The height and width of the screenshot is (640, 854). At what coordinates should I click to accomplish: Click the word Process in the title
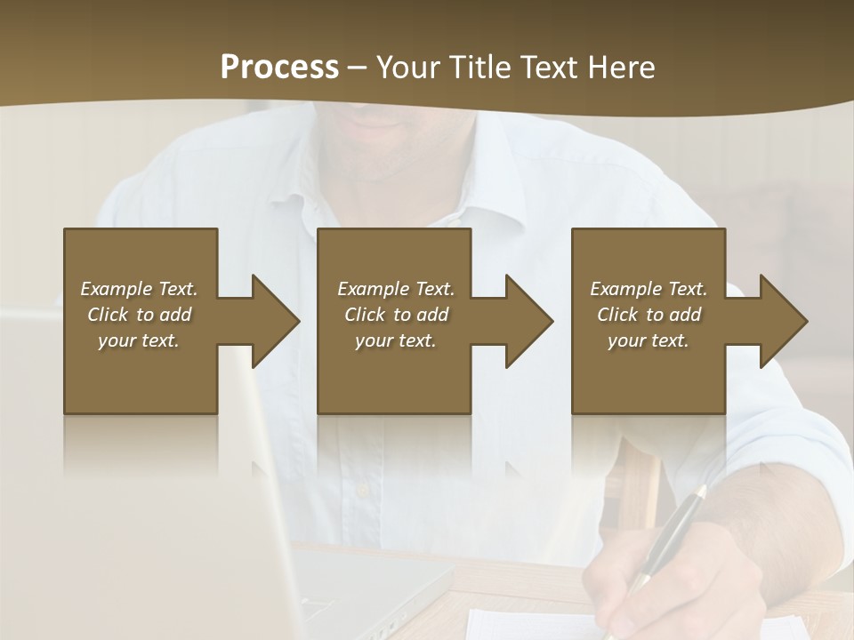pos(279,68)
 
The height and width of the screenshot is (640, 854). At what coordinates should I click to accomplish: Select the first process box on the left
pos(141,373)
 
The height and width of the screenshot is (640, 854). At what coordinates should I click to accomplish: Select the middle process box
pos(394,373)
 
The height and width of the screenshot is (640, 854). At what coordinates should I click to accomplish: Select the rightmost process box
pos(649,373)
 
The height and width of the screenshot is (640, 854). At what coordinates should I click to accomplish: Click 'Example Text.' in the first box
pos(139,289)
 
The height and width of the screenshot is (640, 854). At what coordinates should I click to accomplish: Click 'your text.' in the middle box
pos(395,340)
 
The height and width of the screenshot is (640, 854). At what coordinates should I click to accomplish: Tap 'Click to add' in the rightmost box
pos(649,315)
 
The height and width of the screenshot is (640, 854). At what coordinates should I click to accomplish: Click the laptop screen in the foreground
pos(258,498)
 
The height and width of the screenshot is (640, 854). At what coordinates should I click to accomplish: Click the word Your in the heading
pos(407,68)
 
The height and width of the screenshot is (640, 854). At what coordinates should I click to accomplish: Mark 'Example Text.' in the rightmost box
pos(649,289)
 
